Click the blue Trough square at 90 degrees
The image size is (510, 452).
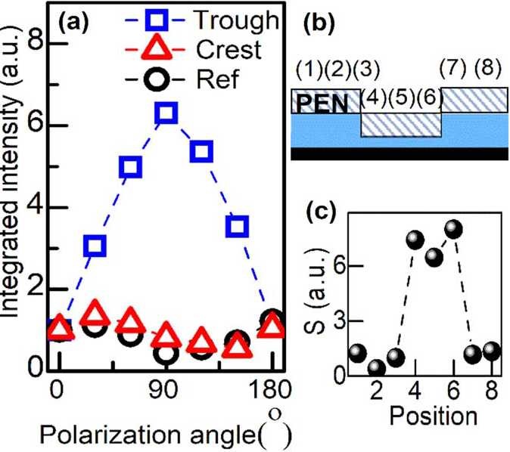coord(166,113)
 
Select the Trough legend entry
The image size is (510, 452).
coord(202,20)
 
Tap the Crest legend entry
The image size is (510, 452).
coord(193,48)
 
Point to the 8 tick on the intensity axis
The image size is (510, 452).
coord(36,42)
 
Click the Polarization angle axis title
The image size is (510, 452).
coord(165,433)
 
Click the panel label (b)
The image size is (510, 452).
coord(319,23)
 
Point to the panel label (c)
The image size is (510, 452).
coord(321,212)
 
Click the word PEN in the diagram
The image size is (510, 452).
coord(322,104)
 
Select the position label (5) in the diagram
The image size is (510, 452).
coord(401,96)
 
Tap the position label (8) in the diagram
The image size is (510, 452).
coord(487,68)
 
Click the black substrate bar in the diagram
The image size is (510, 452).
coord(400,153)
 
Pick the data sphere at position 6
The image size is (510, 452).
coord(454,230)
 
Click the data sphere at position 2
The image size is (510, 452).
coord(377,367)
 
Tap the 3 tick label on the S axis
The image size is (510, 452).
coord(338,320)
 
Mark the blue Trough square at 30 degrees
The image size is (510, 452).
coord(95,246)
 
